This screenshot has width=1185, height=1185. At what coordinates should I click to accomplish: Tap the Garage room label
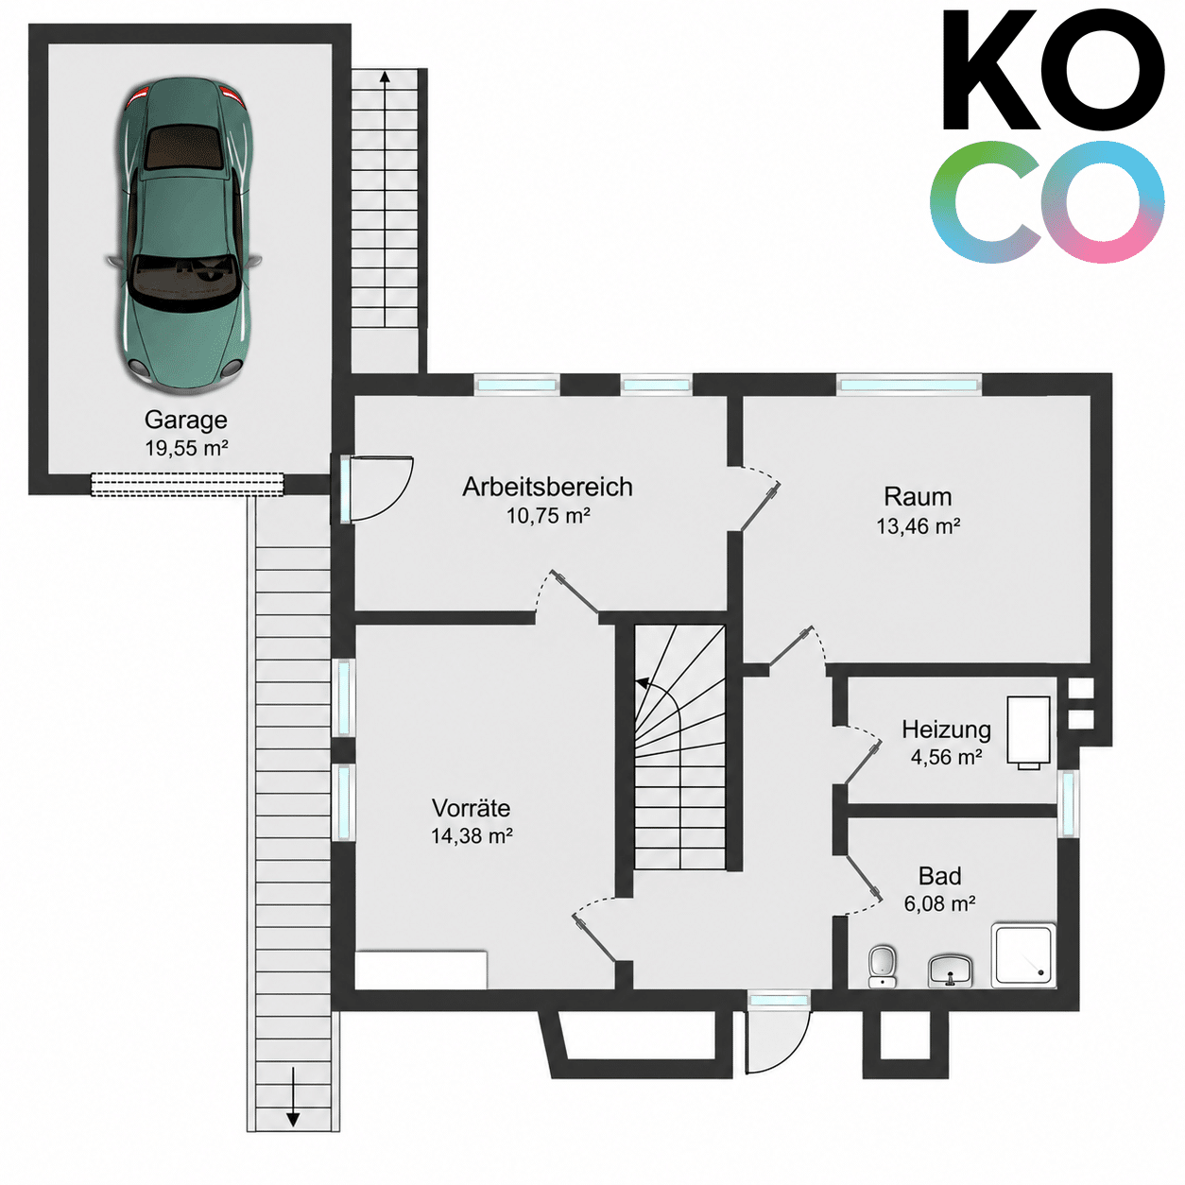click(186, 420)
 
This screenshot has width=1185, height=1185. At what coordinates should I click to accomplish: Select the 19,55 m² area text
click(186, 448)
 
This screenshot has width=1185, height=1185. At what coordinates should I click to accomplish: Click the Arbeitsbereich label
click(547, 487)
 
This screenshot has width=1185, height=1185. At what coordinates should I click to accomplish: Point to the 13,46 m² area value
click(919, 525)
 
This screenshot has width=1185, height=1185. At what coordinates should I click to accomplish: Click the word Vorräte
click(471, 808)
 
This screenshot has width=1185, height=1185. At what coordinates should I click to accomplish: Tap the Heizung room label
click(947, 730)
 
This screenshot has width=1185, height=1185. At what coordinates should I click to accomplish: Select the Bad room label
click(939, 876)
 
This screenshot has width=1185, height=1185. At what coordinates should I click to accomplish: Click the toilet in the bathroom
click(882, 967)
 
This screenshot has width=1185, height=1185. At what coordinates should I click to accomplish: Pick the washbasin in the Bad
click(950, 971)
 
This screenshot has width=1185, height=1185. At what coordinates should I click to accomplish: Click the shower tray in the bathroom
click(1024, 955)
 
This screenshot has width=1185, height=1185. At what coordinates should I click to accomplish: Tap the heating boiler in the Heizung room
click(1028, 731)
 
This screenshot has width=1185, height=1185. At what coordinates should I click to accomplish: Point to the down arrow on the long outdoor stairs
click(293, 1106)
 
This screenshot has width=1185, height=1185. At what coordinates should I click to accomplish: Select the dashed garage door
click(187, 483)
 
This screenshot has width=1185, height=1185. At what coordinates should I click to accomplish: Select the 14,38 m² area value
click(472, 835)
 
